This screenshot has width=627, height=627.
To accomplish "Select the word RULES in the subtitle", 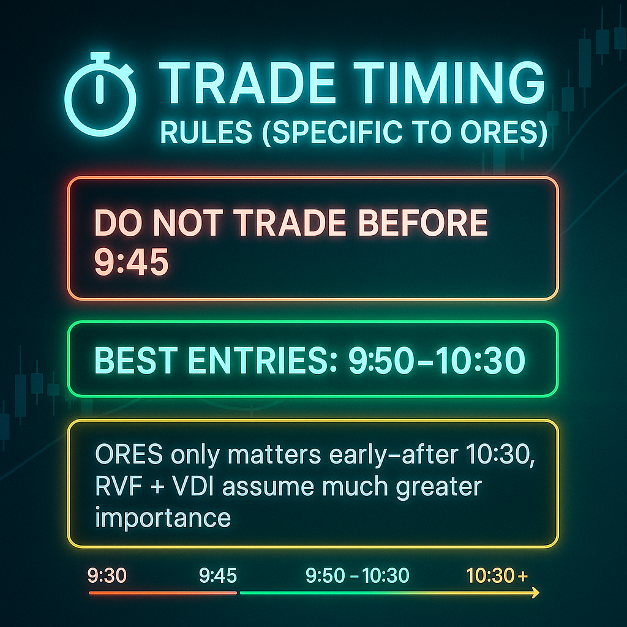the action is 206,132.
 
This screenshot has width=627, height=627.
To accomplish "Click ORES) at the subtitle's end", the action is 504,132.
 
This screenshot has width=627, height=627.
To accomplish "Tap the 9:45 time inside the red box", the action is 131,262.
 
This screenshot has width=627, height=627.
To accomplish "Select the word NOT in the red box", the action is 188,223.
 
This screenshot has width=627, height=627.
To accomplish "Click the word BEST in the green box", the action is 136,360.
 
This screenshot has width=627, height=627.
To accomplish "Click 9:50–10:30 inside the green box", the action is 437,360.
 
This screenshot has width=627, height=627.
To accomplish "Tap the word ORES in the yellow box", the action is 129,454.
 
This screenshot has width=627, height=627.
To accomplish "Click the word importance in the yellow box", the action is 163,519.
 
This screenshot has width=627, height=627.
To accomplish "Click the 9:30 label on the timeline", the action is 107,576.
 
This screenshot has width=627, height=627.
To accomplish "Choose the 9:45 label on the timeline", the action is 218,576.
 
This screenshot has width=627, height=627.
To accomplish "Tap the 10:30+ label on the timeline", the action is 497,576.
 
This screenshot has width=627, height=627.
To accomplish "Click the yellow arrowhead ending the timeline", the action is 535,593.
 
